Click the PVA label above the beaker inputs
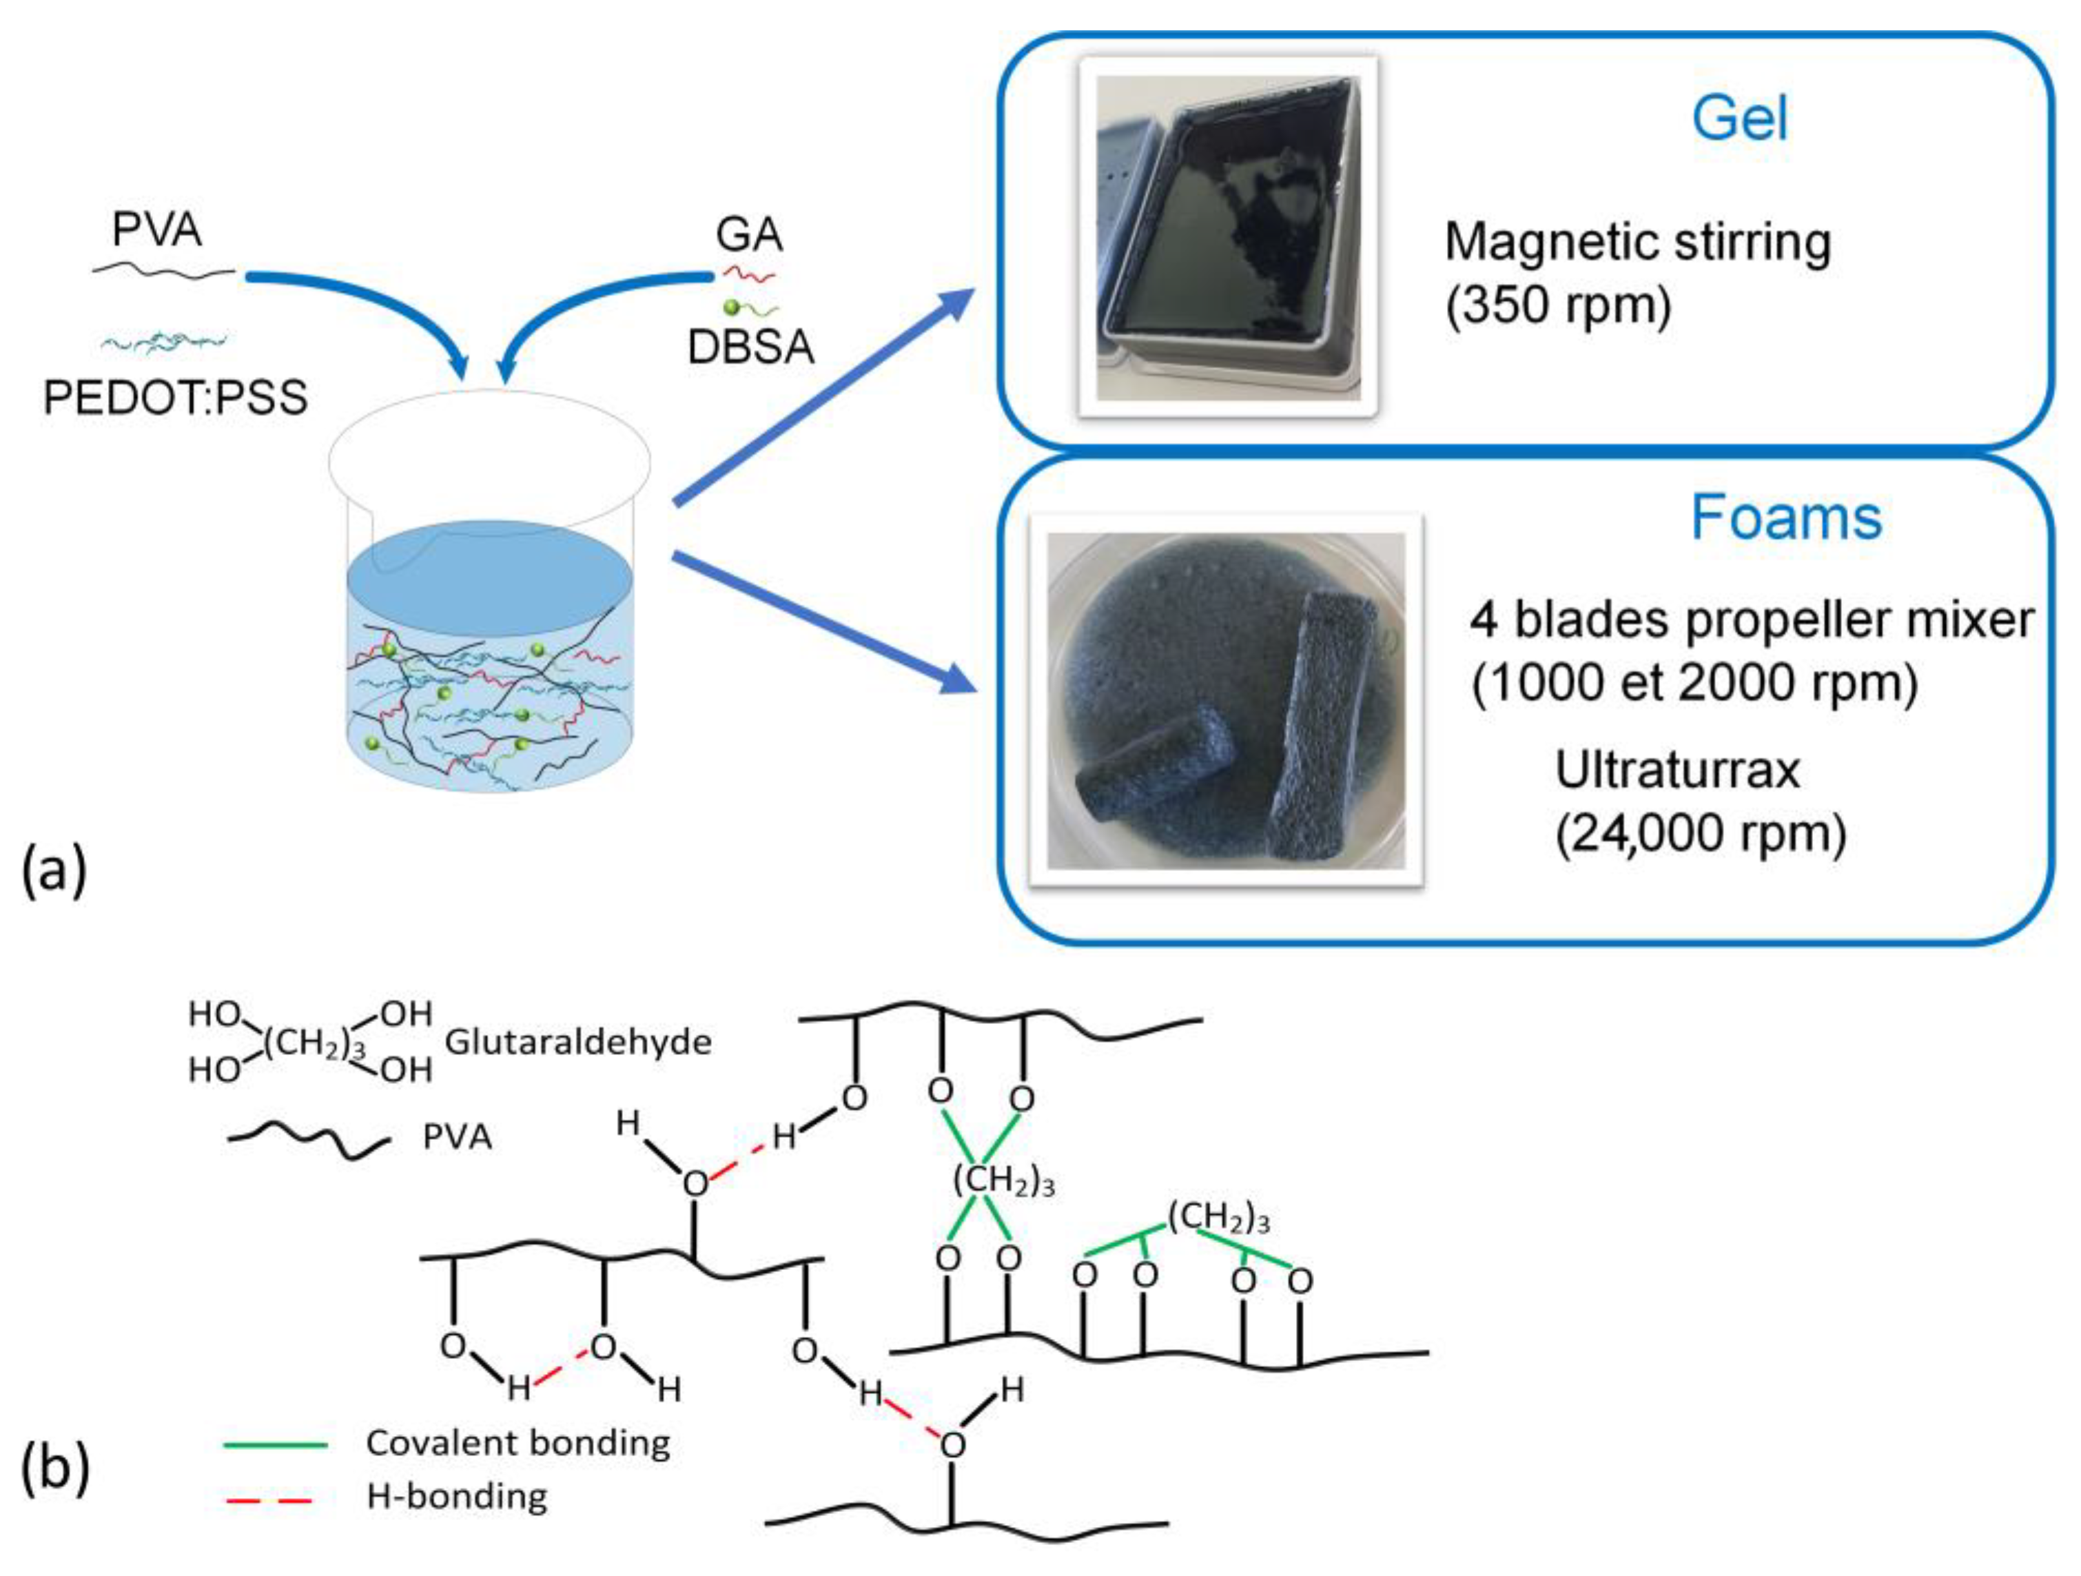[x=156, y=229]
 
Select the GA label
[x=749, y=234]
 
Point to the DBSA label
[x=750, y=347]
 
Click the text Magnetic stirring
[x=1638, y=243]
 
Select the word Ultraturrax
[x=1677, y=770]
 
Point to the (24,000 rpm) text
[x=1701, y=832]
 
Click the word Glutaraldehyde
[x=577, y=1043]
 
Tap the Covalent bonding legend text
[x=517, y=1442]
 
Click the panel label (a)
[x=54, y=870]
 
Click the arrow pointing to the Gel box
[x=824, y=396]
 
